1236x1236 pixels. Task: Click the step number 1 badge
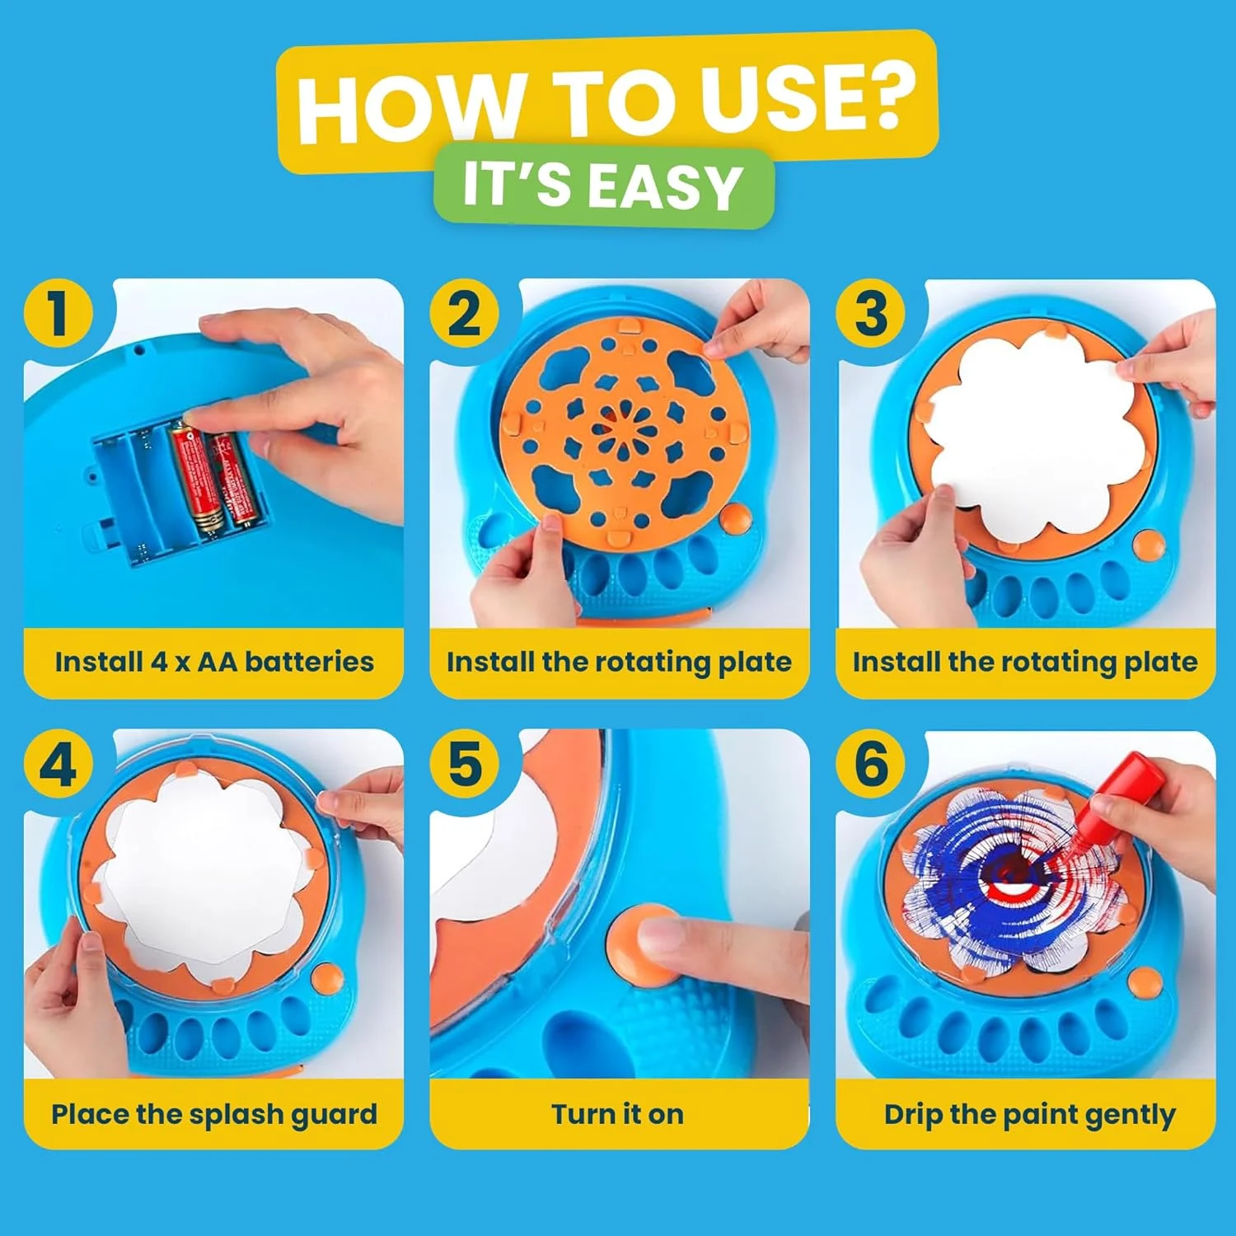pos(59,314)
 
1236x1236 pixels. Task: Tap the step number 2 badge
pos(465,314)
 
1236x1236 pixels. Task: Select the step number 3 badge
pos(871,314)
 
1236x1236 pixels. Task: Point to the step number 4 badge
pos(59,764)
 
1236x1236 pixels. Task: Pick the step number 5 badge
pos(465,764)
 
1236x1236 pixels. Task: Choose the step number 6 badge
pos(871,764)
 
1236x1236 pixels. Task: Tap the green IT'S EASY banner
pos(603,186)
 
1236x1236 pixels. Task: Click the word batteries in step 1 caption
pos(309,662)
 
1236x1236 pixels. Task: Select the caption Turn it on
pos(618,1114)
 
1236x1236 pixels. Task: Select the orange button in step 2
pos(735,518)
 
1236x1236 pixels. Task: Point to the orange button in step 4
pos(327,978)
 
